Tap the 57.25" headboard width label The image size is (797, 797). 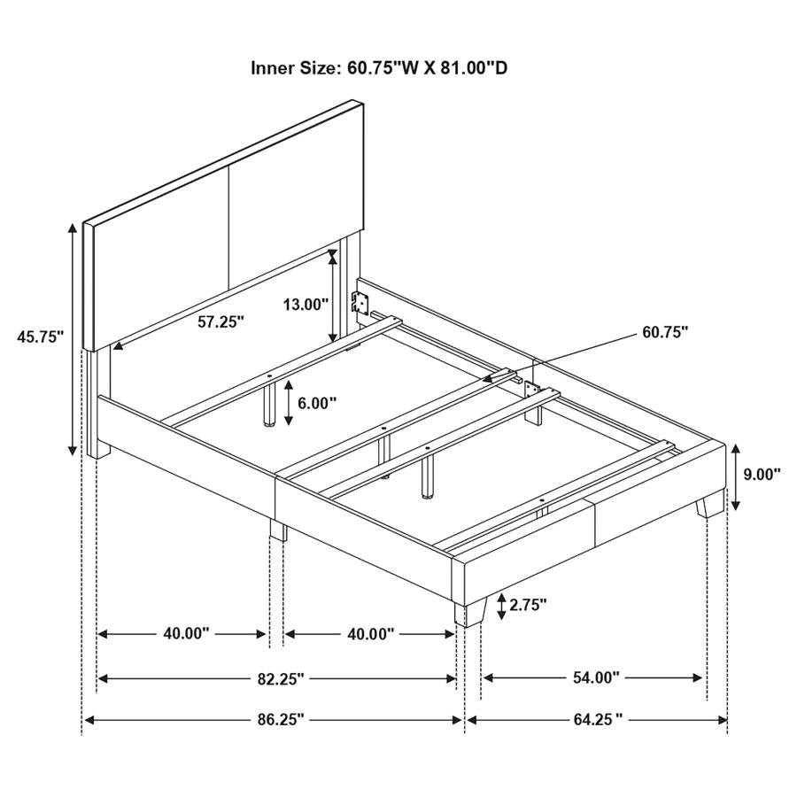(x=221, y=322)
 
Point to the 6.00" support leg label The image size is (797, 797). (x=317, y=403)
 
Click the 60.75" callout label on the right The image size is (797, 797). (x=664, y=333)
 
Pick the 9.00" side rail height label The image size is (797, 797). (x=762, y=474)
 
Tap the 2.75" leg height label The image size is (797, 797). (x=526, y=605)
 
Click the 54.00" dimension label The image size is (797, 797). (x=593, y=677)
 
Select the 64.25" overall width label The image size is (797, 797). (x=595, y=720)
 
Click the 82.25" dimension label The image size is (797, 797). (x=278, y=678)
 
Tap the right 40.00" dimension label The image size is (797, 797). (x=369, y=633)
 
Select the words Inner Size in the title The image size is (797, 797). (x=293, y=68)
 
